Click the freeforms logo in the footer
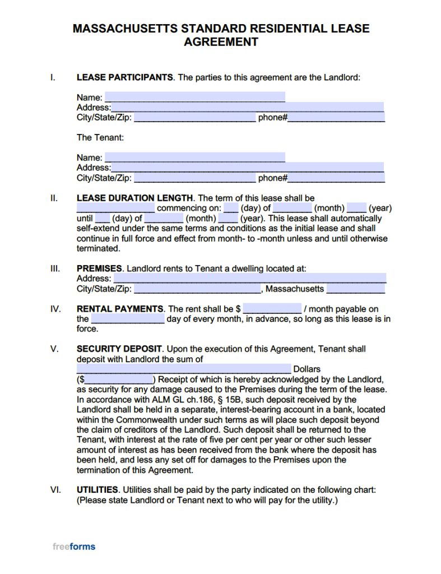tap(74, 547)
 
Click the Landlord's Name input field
tap(194, 97)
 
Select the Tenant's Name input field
tap(194, 158)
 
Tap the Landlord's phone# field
tap(336, 118)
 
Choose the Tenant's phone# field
tap(336, 178)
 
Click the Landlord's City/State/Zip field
tap(194, 118)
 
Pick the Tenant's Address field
tap(247, 168)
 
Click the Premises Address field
tap(249, 279)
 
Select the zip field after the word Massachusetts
tap(355, 289)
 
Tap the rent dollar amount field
tap(272, 309)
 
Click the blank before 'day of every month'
tap(128, 319)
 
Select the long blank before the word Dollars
tap(184, 369)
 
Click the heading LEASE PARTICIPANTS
tap(124, 77)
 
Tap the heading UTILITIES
tap(98, 490)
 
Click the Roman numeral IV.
tap(55, 309)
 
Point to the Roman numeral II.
tap(54, 198)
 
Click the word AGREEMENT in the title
tap(221, 42)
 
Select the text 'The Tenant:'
tap(100, 137)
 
